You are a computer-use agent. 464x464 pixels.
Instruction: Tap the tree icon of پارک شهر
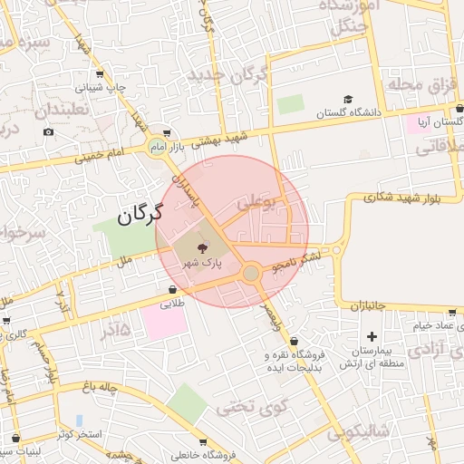pos(202,246)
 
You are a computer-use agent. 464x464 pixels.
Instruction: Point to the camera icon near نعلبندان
pos(48,132)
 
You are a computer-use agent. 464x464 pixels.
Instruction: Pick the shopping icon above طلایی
pos(172,290)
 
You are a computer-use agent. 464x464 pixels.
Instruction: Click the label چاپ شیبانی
pos(100,89)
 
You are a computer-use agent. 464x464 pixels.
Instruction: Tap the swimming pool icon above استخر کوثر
pos(80,420)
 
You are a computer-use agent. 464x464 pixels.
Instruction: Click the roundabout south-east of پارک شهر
pos(251,273)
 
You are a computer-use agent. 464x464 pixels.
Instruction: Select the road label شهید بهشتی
pos(222,138)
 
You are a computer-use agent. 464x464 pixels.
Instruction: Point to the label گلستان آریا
pos(439,121)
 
